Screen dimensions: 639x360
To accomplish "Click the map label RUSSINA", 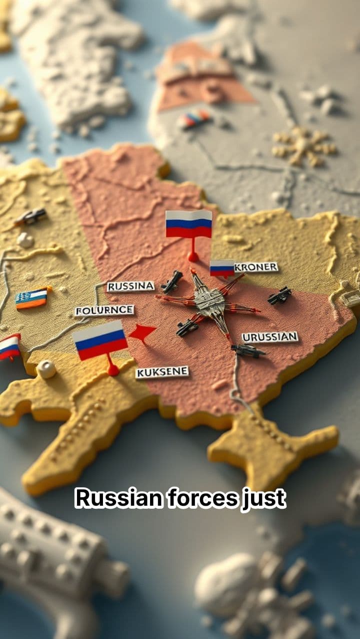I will click(x=130, y=286).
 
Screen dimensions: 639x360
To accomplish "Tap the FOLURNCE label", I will click(x=104, y=311).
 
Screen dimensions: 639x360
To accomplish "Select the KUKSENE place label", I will click(x=162, y=372).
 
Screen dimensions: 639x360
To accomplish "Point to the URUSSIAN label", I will click(x=270, y=337).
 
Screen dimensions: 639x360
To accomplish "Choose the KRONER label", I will click(x=256, y=267).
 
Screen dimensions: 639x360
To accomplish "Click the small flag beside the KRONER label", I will click(x=222, y=268).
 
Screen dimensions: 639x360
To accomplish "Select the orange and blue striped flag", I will click(x=31, y=298).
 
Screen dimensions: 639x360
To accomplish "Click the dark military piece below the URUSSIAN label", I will click(x=248, y=350).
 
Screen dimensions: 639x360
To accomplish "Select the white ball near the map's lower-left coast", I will click(x=46, y=369).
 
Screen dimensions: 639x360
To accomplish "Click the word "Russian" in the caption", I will click(x=119, y=499).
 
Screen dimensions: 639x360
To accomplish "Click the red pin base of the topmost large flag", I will click(x=193, y=257).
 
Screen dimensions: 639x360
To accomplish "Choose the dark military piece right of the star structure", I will click(x=279, y=296).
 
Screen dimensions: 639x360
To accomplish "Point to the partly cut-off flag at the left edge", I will click(x=9, y=347).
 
